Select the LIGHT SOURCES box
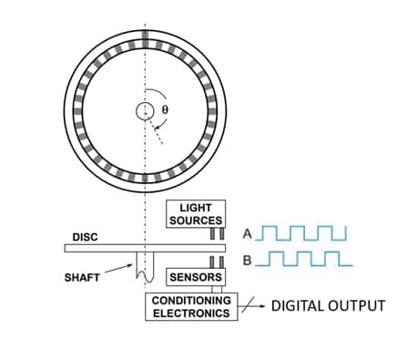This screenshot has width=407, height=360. pyautogui.click(x=196, y=215)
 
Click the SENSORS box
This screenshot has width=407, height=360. pyautogui.click(x=195, y=276)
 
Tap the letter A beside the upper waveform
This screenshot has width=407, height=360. pyautogui.click(x=247, y=233)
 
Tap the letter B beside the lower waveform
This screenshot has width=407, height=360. pyautogui.click(x=247, y=262)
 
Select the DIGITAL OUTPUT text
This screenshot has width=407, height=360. pyautogui.click(x=329, y=305)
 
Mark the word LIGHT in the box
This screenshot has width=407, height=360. pyautogui.click(x=196, y=209)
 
